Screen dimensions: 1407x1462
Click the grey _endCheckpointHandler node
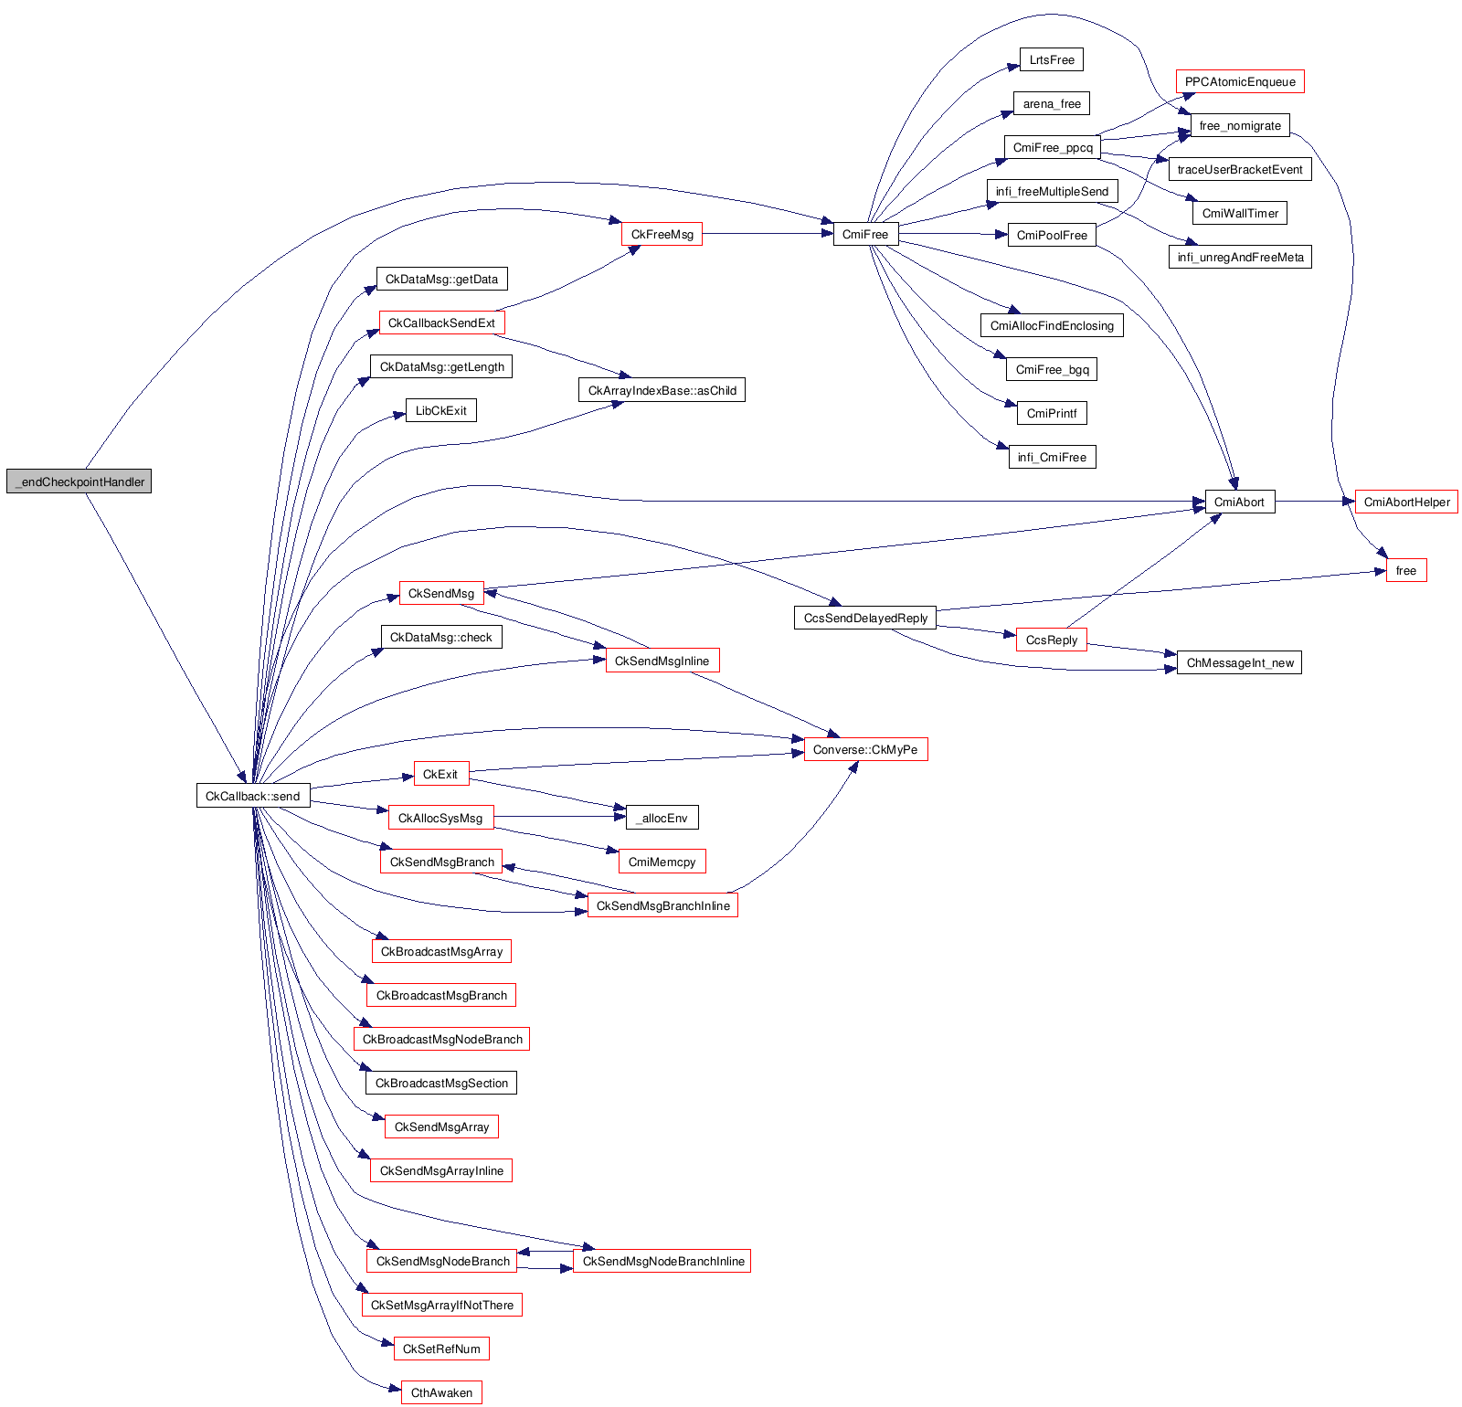point(79,481)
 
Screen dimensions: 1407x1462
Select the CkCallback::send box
point(253,796)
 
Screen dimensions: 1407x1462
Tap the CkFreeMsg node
point(662,235)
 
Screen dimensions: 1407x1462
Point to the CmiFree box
point(865,235)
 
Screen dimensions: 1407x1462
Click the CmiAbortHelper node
point(1406,502)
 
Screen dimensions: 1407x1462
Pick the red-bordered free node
point(1405,571)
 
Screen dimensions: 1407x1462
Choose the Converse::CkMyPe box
point(865,750)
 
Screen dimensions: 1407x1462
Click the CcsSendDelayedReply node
point(865,619)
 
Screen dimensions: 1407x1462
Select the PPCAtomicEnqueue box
point(1240,82)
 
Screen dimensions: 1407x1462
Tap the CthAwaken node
point(441,1392)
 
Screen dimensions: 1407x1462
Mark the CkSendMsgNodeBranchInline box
point(662,1262)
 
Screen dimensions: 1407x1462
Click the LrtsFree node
point(1052,60)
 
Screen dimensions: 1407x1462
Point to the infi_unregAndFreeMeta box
point(1240,258)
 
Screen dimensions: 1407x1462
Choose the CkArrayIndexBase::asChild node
point(662,391)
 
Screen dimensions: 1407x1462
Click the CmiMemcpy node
point(662,862)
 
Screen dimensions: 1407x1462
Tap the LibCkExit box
point(441,411)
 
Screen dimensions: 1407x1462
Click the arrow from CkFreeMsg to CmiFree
point(768,234)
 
